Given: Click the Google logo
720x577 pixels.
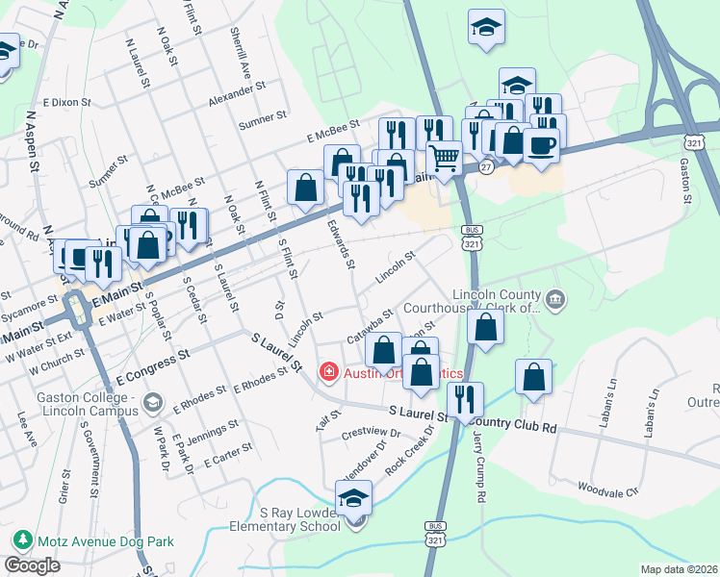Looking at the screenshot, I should click(32, 565).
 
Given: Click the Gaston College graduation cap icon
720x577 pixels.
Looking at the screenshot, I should click(151, 401).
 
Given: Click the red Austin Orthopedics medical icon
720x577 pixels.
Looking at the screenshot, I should click(328, 371).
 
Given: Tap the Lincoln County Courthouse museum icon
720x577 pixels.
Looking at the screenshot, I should click(555, 301).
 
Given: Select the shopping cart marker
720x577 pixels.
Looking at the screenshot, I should click(444, 157).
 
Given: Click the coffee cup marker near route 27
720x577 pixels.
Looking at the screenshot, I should click(542, 147).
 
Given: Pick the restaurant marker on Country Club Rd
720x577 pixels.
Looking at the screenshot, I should click(465, 399).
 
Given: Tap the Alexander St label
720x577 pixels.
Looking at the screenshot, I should click(236, 92).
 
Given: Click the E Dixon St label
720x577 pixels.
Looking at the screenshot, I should click(65, 101).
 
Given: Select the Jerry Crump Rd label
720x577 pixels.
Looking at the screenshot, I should click(477, 466).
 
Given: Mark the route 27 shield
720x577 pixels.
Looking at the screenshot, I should click(487, 166).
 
